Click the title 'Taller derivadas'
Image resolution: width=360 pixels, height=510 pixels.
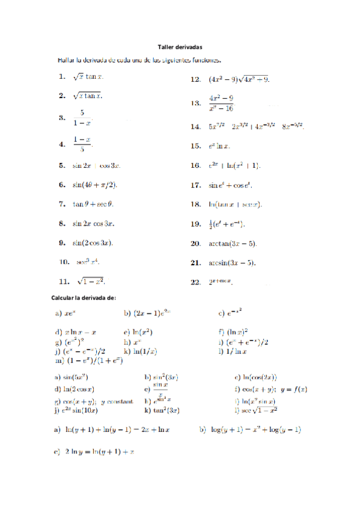pyautogui.click(x=180, y=47)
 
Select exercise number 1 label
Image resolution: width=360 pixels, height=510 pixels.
pyautogui.click(x=62, y=76)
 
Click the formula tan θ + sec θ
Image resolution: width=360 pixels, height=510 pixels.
pyautogui.click(x=93, y=204)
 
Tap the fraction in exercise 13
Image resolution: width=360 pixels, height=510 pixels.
pyautogui.click(x=221, y=103)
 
